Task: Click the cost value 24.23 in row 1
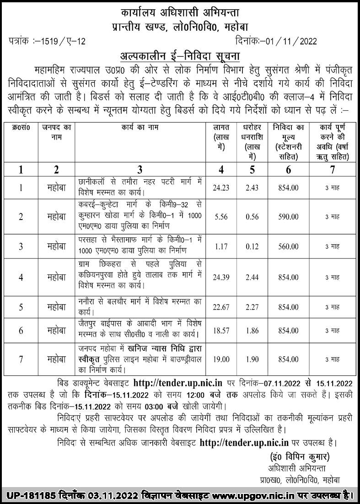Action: tap(221, 188)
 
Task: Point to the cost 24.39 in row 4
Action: tap(221, 278)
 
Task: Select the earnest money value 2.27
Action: tap(251, 307)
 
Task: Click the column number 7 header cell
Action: tap(332, 170)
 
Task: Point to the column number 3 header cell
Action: tap(140, 170)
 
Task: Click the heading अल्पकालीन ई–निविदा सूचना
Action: tap(180, 56)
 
